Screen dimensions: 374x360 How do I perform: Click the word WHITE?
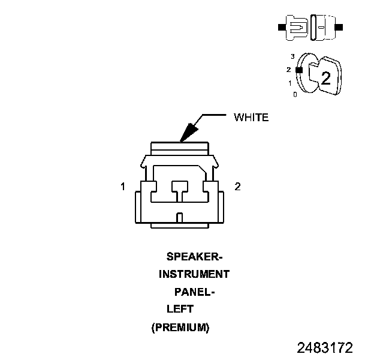click(x=251, y=118)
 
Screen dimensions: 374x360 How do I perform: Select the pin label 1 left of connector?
click(x=123, y=187)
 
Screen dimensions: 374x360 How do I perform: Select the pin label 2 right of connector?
click(x=237, y=187)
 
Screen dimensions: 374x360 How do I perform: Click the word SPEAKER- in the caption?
click(x=194, y=257)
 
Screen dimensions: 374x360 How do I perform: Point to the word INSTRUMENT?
click(x=194, y=274)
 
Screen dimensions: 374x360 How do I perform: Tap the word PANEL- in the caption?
click(x=194, y=292)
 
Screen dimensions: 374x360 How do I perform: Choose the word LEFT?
click(x=180, y=310)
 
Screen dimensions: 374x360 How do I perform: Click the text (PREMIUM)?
click(x=180, y=328)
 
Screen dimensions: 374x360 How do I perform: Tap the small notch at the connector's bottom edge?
click(x=180, y=217)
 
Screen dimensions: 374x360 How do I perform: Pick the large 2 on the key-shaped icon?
click(x=325, y=77)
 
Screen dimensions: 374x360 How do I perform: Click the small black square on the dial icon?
click(x=299, y=70)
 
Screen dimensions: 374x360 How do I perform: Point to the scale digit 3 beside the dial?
click(x=292, y=56)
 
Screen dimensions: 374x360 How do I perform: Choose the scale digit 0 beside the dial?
click(x=294, y=95)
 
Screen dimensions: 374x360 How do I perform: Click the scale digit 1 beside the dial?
click(x=290, y=83)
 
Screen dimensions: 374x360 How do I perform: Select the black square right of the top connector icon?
click(x=340, y=28)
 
